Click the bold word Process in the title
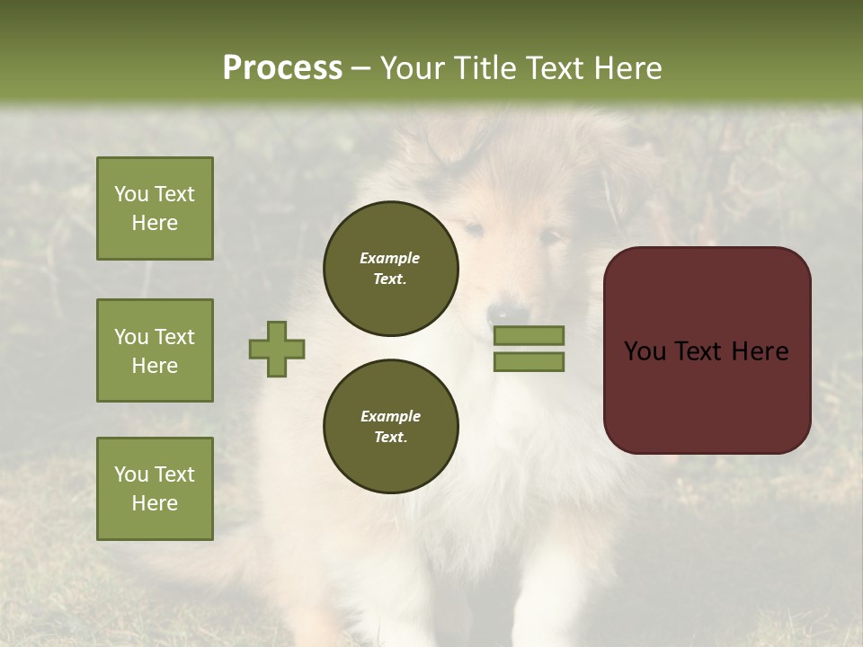(282, 68)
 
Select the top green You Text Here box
(155, 208)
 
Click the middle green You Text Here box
(155, 350)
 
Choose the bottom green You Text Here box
(155, 489)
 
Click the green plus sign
(277, 349)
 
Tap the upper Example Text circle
(390, 269)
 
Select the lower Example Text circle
(390, 427)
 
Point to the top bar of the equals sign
(529, 335)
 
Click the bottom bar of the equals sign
(529, 362)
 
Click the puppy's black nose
(496, 315)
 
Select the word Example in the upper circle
(390, 258)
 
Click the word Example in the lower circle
(390, 416)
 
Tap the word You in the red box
(645, 351)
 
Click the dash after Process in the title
(360, 69)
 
